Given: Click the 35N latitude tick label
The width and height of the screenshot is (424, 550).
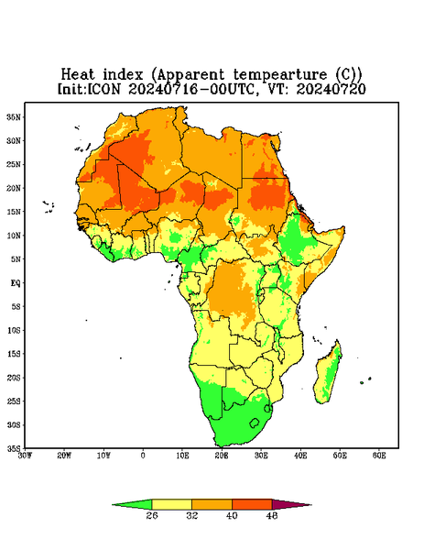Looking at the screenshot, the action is click(14, 116).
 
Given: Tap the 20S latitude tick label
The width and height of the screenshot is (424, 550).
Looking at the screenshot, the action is click(14, 378).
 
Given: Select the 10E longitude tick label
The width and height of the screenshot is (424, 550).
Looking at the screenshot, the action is click(182, 456).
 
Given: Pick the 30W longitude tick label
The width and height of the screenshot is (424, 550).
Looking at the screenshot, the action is click(25, 456).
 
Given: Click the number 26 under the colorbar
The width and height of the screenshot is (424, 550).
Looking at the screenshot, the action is click(152, 515).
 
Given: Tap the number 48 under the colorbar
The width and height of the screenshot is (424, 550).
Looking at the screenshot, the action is click(272, 515).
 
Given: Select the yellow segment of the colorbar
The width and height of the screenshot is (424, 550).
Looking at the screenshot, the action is click(171, 504).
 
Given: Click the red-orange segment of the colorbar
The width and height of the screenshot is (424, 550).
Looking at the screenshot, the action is click(252, 504).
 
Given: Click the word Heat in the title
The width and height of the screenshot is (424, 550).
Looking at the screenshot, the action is click(78, 75).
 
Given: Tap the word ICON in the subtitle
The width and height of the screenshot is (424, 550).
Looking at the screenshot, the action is click(103, 89).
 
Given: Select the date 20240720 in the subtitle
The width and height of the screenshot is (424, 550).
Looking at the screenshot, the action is click(331, 89).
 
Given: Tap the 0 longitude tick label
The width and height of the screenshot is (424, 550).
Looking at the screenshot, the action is click(143, 456).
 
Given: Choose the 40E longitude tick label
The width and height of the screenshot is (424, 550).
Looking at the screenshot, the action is click(300, 456).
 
